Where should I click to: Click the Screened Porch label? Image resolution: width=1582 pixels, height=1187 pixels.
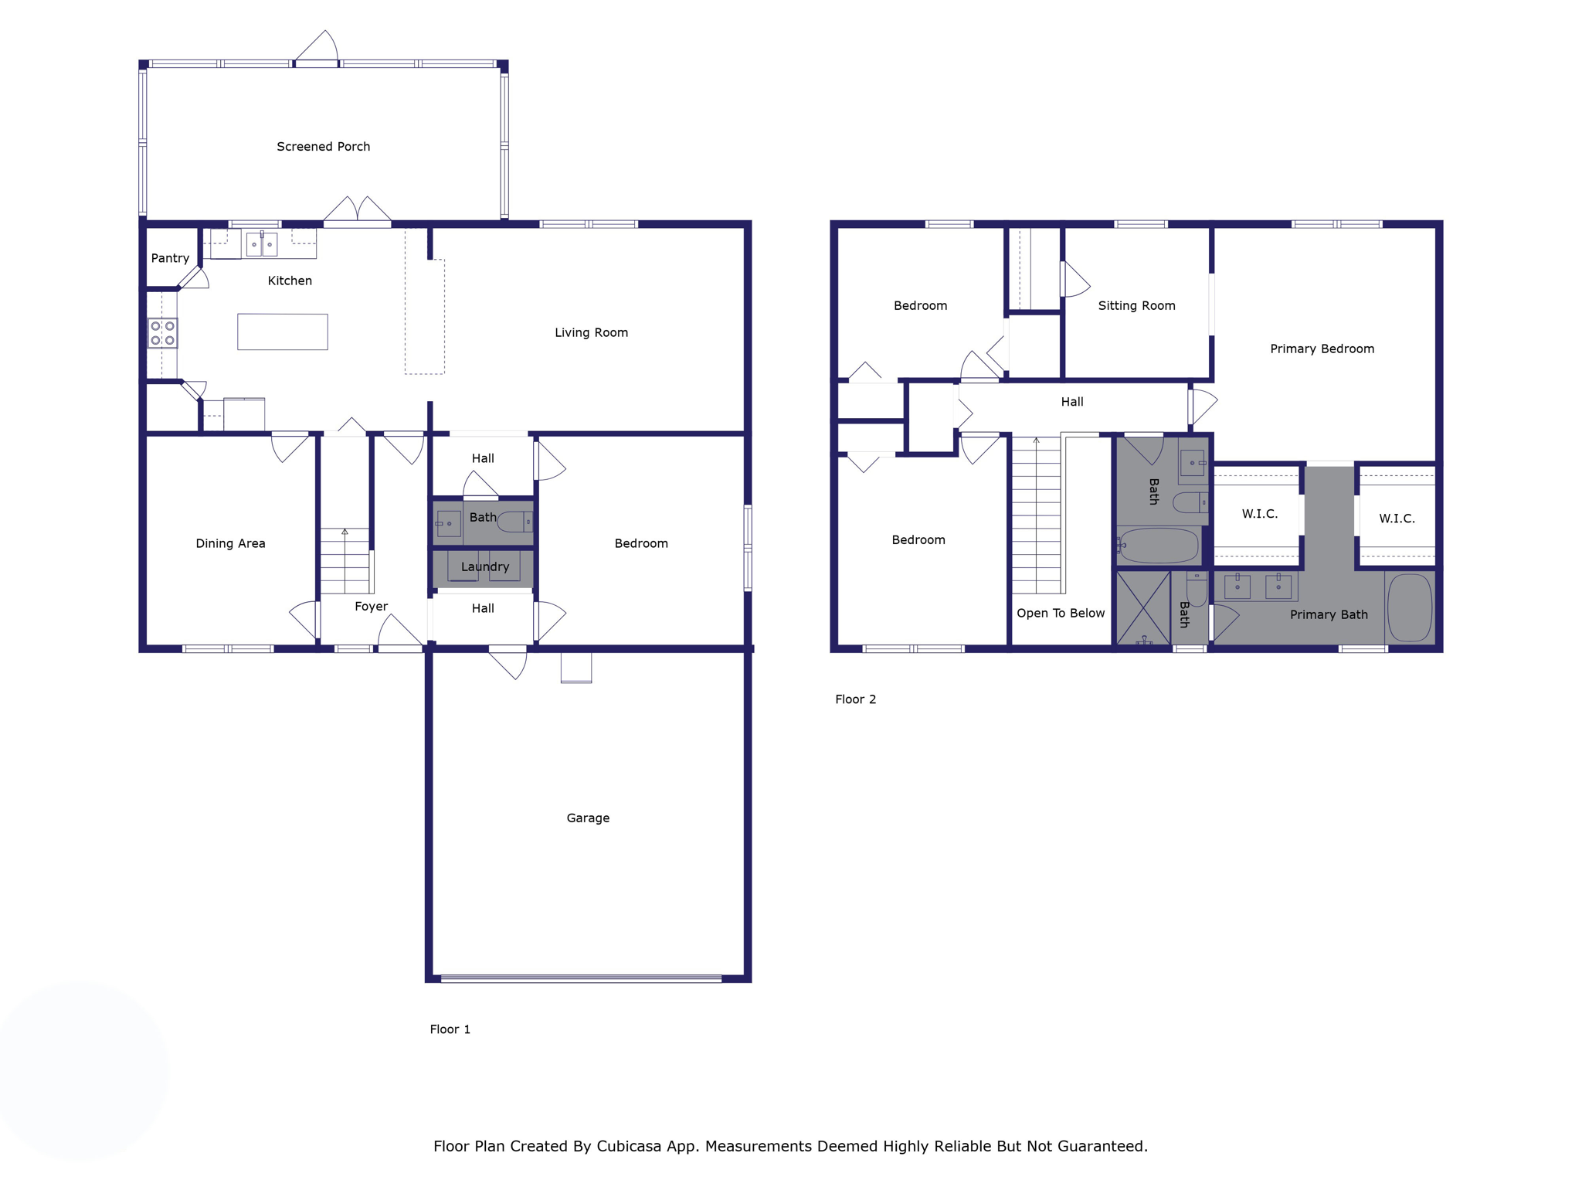(x=323, y=147)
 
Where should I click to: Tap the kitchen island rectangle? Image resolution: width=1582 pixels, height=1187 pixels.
(x=283, y=332)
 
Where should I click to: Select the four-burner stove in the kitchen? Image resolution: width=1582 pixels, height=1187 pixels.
(x=162, y=333)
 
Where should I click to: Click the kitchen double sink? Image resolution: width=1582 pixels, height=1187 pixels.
(x=261, y=244)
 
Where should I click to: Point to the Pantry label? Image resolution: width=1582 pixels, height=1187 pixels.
(x=170, y=258)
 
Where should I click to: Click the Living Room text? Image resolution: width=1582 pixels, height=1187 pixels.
(x=591, y=333)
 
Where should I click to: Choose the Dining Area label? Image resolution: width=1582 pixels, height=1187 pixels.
(x=230, y=543)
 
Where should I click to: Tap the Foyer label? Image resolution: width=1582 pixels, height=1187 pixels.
(x=371, y=607)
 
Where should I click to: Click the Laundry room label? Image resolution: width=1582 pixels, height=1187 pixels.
(x=484, y=566)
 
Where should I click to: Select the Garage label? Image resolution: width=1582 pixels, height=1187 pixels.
(x=588, y=818)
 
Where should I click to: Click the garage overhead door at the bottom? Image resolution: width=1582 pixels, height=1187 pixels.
(x=581, y=978)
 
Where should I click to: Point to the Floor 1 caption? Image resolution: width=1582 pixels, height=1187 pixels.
(x=450, y=1029)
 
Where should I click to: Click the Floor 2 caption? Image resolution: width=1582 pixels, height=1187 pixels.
(x=855, y=699)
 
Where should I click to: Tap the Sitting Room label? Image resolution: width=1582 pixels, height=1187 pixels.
(x=1136, y=306)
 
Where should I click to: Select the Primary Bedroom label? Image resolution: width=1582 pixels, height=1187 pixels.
(x=1322, y=349)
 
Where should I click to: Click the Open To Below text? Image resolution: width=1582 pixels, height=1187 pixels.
(x=1060, y=614)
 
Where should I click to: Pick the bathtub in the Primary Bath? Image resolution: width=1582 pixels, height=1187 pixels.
(x=1410, y=607)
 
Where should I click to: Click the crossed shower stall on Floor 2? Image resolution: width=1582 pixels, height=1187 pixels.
(x=1143, y=607)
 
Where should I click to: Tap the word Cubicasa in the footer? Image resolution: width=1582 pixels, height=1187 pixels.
(x=629, y=1146)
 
